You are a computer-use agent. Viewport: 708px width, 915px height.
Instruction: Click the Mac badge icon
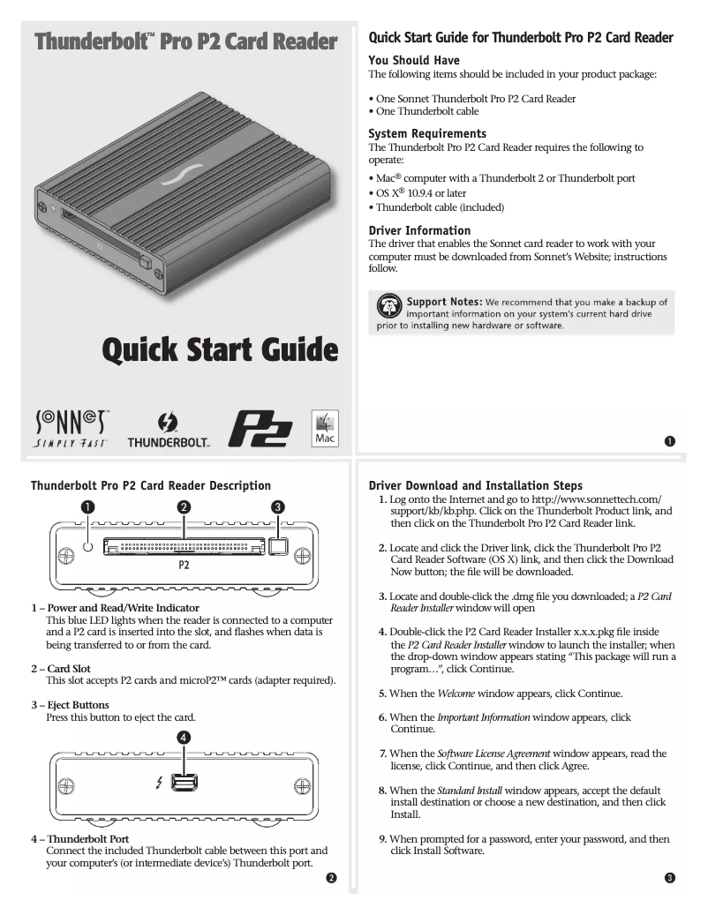point(324,427)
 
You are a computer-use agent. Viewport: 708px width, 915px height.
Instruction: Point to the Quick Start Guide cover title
point(220,350)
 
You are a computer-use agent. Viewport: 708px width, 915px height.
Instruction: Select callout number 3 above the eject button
point(278,506)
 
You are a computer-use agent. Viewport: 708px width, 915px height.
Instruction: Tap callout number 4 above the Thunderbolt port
point(184,735)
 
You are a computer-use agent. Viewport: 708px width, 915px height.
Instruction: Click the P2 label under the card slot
point(184,566)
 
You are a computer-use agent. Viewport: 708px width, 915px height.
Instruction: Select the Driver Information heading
point(419,230)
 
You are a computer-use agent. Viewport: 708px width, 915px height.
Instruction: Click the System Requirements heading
point(427,134)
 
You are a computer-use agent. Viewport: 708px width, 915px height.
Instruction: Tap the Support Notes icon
point(388,308)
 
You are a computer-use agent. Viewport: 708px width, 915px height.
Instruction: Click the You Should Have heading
point(413,60)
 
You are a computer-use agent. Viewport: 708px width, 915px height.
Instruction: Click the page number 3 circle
point(670,877)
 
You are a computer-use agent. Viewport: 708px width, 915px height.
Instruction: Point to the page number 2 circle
point(331,877)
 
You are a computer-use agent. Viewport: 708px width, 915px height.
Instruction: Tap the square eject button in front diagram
point(278,548)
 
